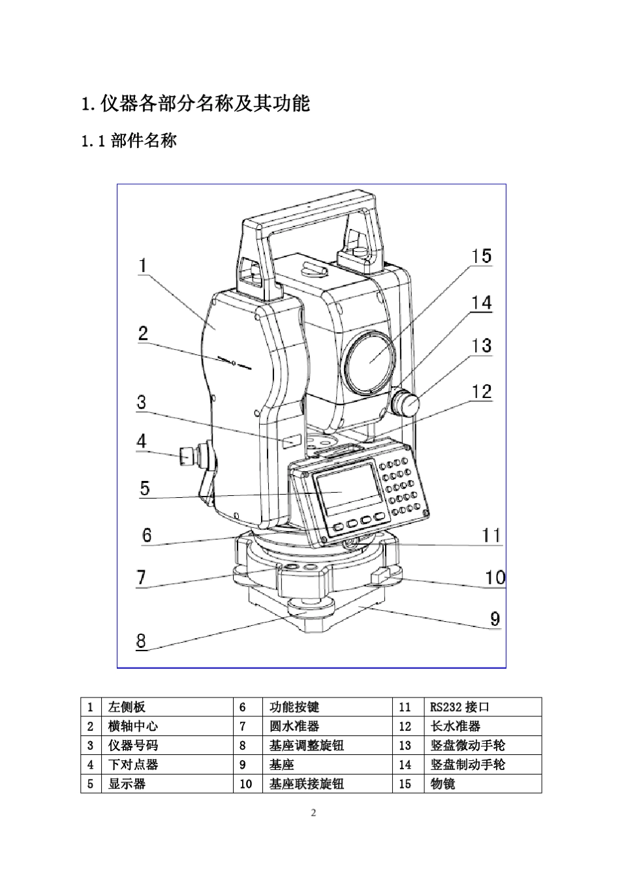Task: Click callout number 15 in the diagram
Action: click(x=482, y=256)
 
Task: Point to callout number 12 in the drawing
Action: click(x=482, y=392)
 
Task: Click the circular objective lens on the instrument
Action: click(x=370, y=363)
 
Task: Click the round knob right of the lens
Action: click(x=407, y=404)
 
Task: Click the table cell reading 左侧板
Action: click(x=127, y=707)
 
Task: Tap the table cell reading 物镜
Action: click(x=443, y=784)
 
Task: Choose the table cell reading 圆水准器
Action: click(x=294, y=726)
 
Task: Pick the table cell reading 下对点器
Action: click(x=132, y=764)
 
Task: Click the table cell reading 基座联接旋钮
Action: click(x=306, y=784)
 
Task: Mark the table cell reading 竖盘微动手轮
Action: click(x=467, y=745)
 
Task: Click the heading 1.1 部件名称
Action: click(x=129, y=140)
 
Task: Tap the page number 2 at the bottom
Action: click(x=313, y=813)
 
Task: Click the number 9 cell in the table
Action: click(x=243, y=764)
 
